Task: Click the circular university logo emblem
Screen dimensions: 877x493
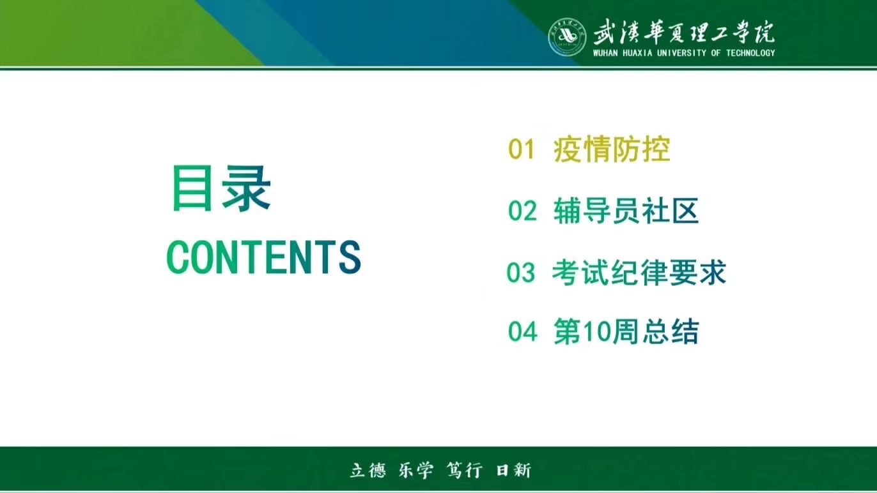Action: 568,37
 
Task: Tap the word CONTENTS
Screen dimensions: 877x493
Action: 263,257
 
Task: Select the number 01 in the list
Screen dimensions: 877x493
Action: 522,149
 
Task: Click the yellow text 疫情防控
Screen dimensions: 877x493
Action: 612,149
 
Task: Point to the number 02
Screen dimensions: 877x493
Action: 522,211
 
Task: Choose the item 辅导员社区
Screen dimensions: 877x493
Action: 626,211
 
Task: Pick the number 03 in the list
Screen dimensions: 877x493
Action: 521,272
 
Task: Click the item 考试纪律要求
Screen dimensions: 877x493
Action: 639,272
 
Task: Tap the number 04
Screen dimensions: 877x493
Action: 523,331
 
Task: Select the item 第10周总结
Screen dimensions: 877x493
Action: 626,331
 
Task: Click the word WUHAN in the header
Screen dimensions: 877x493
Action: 605,53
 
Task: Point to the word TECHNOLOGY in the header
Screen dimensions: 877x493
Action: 750,53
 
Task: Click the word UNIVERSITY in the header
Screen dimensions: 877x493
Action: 681,53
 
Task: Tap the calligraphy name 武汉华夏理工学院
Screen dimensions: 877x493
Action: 683,31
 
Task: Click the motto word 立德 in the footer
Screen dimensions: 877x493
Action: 368,470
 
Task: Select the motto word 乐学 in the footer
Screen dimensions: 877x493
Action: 415,470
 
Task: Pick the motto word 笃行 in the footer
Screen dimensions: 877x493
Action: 464,470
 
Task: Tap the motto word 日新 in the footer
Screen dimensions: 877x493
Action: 513,470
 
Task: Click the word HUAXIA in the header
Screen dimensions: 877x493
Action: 637,53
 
